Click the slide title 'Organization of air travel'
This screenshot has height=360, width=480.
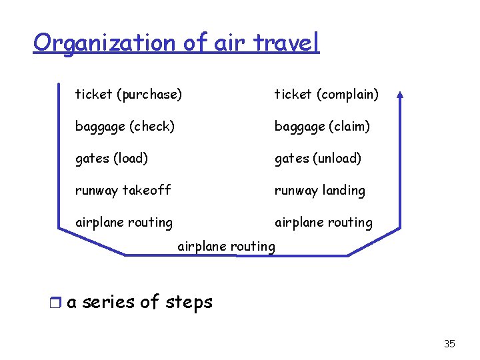point(177,43)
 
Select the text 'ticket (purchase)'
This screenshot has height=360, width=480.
point(128,95)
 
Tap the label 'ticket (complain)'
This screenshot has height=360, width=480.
point(327,95)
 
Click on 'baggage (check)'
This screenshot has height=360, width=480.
point(125,126)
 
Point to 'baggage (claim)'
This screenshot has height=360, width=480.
point(322,126)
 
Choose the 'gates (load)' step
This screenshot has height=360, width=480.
point(111,158)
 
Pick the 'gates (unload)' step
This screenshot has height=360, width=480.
point(318,158)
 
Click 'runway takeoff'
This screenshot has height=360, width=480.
point(123,190)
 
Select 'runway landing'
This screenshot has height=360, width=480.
point(320,190)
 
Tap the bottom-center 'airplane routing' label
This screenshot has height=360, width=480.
point(226,246)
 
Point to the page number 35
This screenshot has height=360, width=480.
point(449,344)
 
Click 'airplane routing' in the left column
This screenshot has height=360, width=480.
point(123,222)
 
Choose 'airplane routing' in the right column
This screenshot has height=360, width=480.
point(323,222)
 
